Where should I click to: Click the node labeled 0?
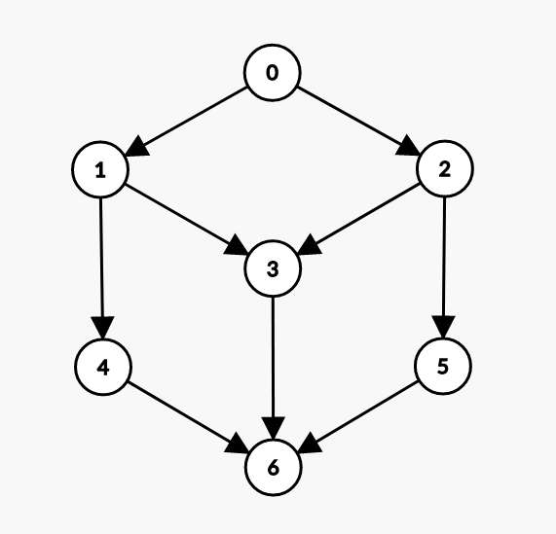pyautogui.click(x=272, y=73)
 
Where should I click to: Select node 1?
pyautogui.click(x=100, y=169)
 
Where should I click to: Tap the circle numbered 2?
pyautogui.click(x=445, y=168)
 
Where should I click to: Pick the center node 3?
pyautogui.click(x=273, y=268)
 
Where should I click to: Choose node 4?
pyautogui.click(x=103, y=367)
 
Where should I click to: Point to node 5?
pyautogui.click(x=443, y=366)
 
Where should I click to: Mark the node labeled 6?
pyautogui.click(x=273, y=468)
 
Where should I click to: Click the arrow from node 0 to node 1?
pyautogui.click(x=187, y=122)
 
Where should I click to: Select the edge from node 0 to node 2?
pyautogui.click(x=358, y=121)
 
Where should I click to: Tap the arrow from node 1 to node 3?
pyautogui.click(x=187, y=219)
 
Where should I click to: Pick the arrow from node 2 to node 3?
pyautogui.click(x=358, y=219)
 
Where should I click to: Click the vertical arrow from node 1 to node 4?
pyautogui.click(x=102, y=268)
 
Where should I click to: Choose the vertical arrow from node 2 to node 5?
pyautogui.click(x=444, y=267)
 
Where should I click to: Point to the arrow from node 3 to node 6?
pyautogui.click(x=273, y=368)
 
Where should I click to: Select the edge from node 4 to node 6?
pyautogui.click(x=188, y=417)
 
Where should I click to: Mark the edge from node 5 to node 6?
pyautogui.click(x=358, y=416)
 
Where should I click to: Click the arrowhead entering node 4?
pyautogui.click(x=102, y=328)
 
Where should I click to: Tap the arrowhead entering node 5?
pyautogui.click(x=444, y=327)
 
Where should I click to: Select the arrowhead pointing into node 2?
pyautogui.click(x=408, y=145)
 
